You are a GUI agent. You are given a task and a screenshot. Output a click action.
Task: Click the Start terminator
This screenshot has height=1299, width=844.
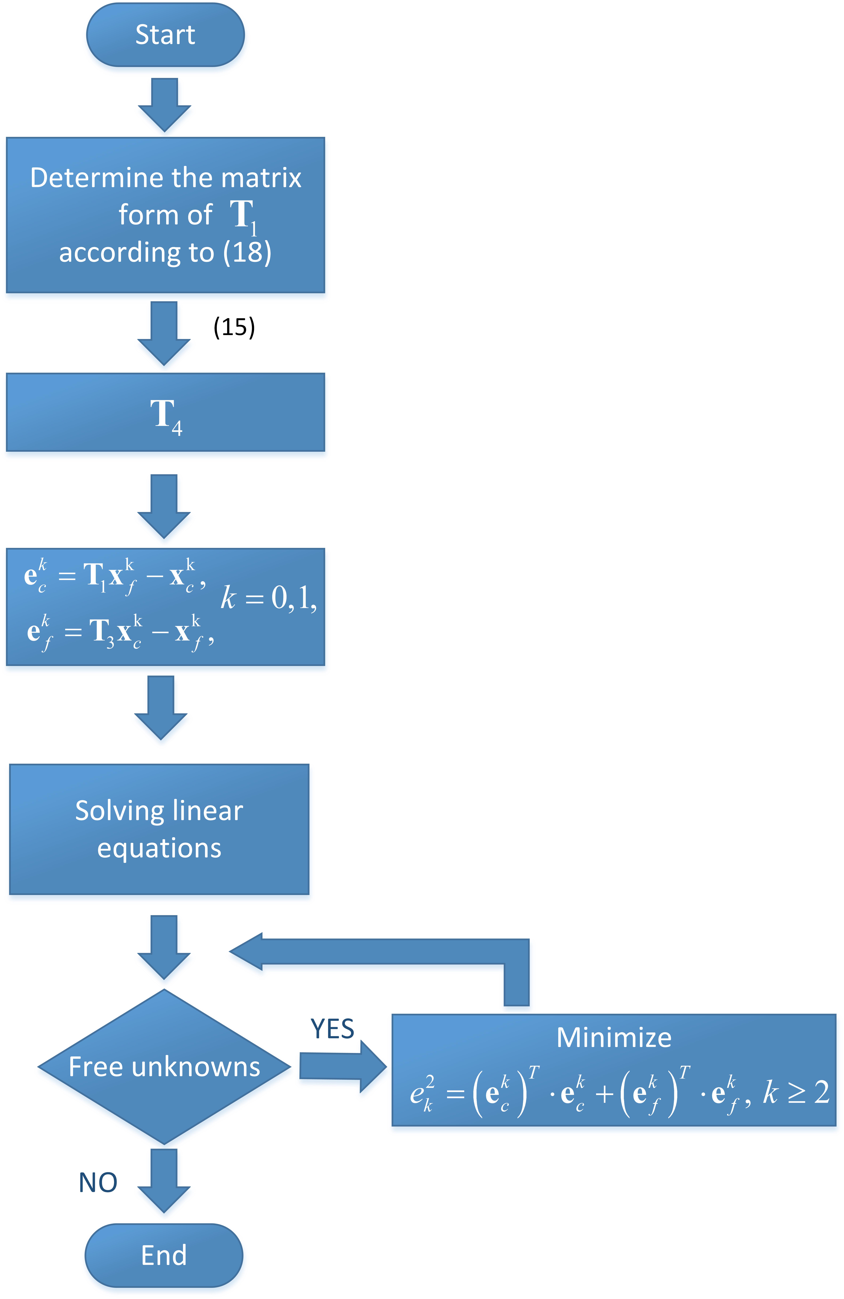165,35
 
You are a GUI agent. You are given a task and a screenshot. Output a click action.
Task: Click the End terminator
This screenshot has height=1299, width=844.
164,1255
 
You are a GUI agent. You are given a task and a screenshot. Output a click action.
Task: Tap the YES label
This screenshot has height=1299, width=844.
332,1029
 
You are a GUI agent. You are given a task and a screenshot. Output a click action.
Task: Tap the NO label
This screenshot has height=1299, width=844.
98,1183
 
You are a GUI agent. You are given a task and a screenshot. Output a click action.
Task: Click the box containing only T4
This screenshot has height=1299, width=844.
165,412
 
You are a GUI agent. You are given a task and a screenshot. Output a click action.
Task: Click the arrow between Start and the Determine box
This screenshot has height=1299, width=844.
164,104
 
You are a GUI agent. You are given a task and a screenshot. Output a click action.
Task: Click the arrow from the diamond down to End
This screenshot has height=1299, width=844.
164,1179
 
